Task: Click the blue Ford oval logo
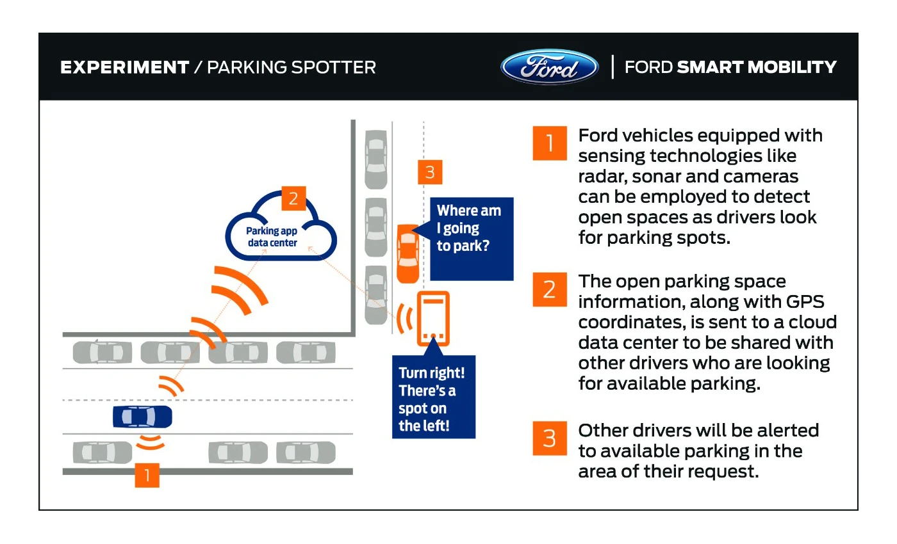(x=549, y=67)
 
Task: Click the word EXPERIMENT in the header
(x=125, y=67)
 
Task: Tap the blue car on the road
(x=142, y=417)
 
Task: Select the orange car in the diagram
(x=407, y=253)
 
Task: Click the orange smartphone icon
(x=433, y=319)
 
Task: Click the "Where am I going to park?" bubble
(x=471, y=238)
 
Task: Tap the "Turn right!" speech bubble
(x=433, y=398)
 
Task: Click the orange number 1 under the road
(x=147, y=476)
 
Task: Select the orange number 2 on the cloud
(x=293, y=198)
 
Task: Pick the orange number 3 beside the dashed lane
(x=429, y=172)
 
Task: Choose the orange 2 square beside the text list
(x=549, y=289)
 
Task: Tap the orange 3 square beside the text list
(x=549, y=438)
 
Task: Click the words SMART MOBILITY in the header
(x=757, y=67)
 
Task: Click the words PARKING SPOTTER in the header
(x=292, y=67)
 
